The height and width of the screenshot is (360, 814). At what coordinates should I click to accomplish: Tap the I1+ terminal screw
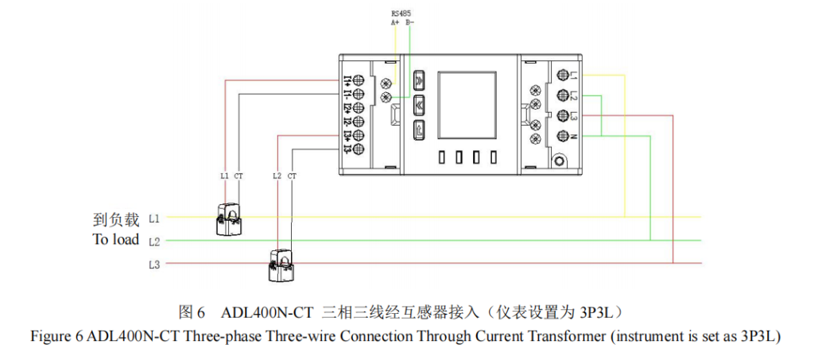pos(359,80)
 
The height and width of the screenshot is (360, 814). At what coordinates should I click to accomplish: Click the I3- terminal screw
pos(359,149)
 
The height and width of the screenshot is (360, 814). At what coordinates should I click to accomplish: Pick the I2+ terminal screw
pos(359,107)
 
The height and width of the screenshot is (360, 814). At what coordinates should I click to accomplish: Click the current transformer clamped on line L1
pos(231,219)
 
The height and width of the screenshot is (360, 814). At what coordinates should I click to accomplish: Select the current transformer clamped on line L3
pos(282,266)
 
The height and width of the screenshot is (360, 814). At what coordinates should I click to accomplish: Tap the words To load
pos(115,240)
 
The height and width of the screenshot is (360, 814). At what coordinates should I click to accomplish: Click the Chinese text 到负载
pos(116,218)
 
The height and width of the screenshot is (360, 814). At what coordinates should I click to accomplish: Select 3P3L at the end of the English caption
pos(757,336)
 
